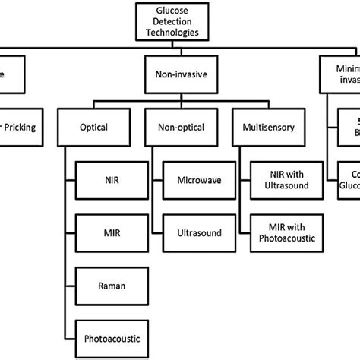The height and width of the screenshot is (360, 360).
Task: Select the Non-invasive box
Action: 178,77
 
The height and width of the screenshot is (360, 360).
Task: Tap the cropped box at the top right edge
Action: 339,77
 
